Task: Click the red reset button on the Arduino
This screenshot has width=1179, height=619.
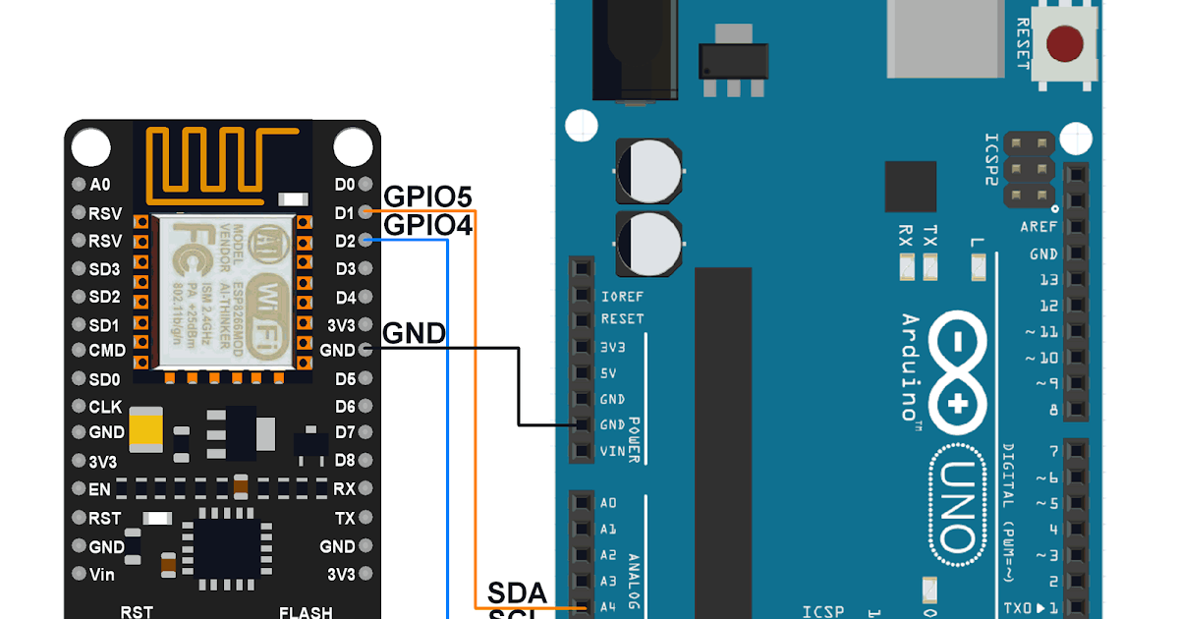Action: pos(1065,43)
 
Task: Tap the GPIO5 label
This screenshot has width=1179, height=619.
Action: pos(427,197)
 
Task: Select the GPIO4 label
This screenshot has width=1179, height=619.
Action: pos(427,225)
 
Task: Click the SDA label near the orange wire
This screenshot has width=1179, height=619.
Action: pos(517,593)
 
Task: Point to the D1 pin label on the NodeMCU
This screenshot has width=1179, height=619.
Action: pos(344,212)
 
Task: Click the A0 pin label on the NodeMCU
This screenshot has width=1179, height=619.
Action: pos(100,185)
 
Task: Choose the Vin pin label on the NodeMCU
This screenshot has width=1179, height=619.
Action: pos(102,574)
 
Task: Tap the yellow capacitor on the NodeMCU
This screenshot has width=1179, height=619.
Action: pos(145,429)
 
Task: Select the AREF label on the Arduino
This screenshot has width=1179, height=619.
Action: pos(1039,226)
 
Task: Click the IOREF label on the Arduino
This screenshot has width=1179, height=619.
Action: pos(621,295)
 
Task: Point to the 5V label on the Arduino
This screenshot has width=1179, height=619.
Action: pos(608,373)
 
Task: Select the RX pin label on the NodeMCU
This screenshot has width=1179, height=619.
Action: pos(344,488)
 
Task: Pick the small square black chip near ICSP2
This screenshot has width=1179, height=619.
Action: pos(910,187)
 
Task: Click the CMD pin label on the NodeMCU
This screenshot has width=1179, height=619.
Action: pos(107,351)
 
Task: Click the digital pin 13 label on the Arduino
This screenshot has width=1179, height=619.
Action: pos(1048,280)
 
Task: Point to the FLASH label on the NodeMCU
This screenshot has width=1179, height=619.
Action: pos(306,612)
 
